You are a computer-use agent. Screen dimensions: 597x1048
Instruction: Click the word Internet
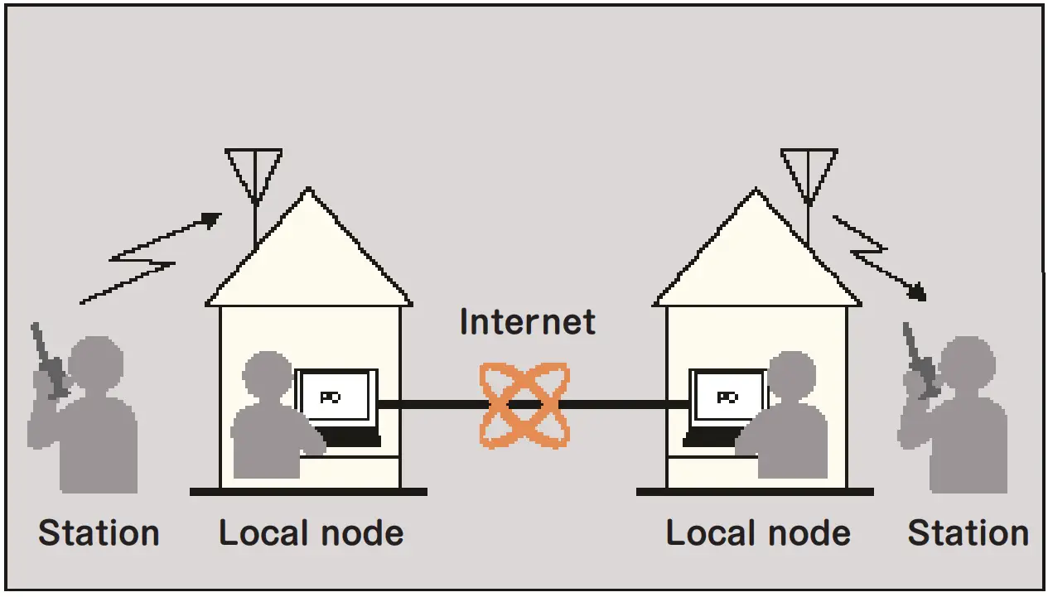click(527, 322)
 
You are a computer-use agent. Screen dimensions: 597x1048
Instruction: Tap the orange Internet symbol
click(525, 405)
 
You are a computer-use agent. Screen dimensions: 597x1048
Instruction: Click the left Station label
click(99, 533)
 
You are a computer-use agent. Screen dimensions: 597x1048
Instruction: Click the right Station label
click(968, 533)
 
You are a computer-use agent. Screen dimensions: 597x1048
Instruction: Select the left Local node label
click(311, 533)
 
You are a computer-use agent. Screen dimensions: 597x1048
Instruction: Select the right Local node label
click(758, 533)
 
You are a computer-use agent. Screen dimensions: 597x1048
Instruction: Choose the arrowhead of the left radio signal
click(211, 219)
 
